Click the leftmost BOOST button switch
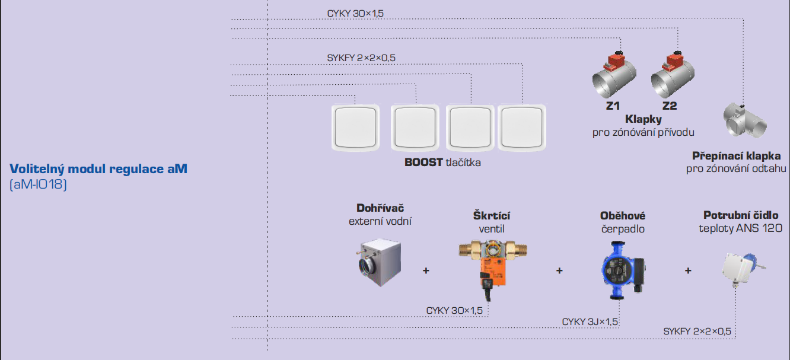pos(355,128)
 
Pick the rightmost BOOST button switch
pos(523,128)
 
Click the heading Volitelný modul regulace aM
pos(98,169)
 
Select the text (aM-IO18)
pos(39,184)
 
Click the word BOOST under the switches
pos(423,162)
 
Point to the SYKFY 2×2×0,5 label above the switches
pos(361,58)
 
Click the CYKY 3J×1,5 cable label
pos(590,322)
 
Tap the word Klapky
pos(643,120)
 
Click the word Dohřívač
pos(379,208)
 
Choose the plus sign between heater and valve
pos(426,270)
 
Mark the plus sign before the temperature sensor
pos(688,270)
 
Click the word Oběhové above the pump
pos(622,216)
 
